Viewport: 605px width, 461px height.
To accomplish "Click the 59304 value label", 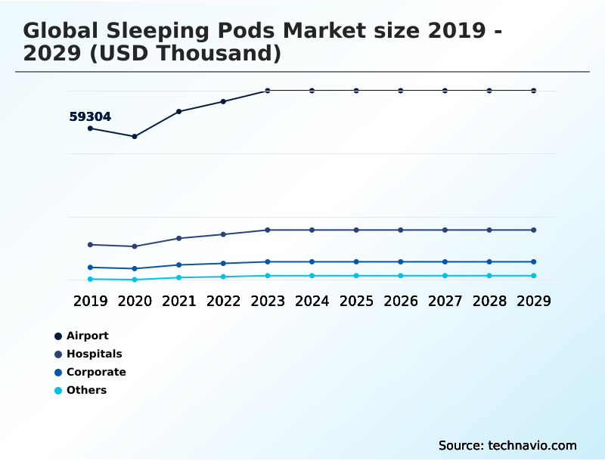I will coord(90,117).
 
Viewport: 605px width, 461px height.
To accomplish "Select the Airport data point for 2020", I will coord(135,137).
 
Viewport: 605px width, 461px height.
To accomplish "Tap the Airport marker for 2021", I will coord(178,112).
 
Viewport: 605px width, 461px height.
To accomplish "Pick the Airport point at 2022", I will coord(223,101).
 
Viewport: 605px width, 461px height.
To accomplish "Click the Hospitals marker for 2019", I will coord(90,245).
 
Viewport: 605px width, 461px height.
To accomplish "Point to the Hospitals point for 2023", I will coord(268,230).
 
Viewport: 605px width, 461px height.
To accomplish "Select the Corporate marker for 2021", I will coord(178,265).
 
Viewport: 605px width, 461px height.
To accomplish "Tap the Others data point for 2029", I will coord(534,276).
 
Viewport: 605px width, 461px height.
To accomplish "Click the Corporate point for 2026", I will coord(401,261).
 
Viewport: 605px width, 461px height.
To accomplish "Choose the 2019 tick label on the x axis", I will coord(90,301).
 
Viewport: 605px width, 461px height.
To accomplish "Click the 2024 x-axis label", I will coord(312,301).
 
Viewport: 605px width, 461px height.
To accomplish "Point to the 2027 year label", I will coord(445,301).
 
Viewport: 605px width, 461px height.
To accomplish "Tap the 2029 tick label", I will coord(534,301).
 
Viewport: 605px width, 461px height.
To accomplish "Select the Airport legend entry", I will coord(87,336).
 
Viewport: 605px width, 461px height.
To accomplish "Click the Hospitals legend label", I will coord(94,354).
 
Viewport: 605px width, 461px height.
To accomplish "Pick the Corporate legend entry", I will coord(96,372).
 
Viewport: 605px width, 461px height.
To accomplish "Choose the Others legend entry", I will coord(86,390).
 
